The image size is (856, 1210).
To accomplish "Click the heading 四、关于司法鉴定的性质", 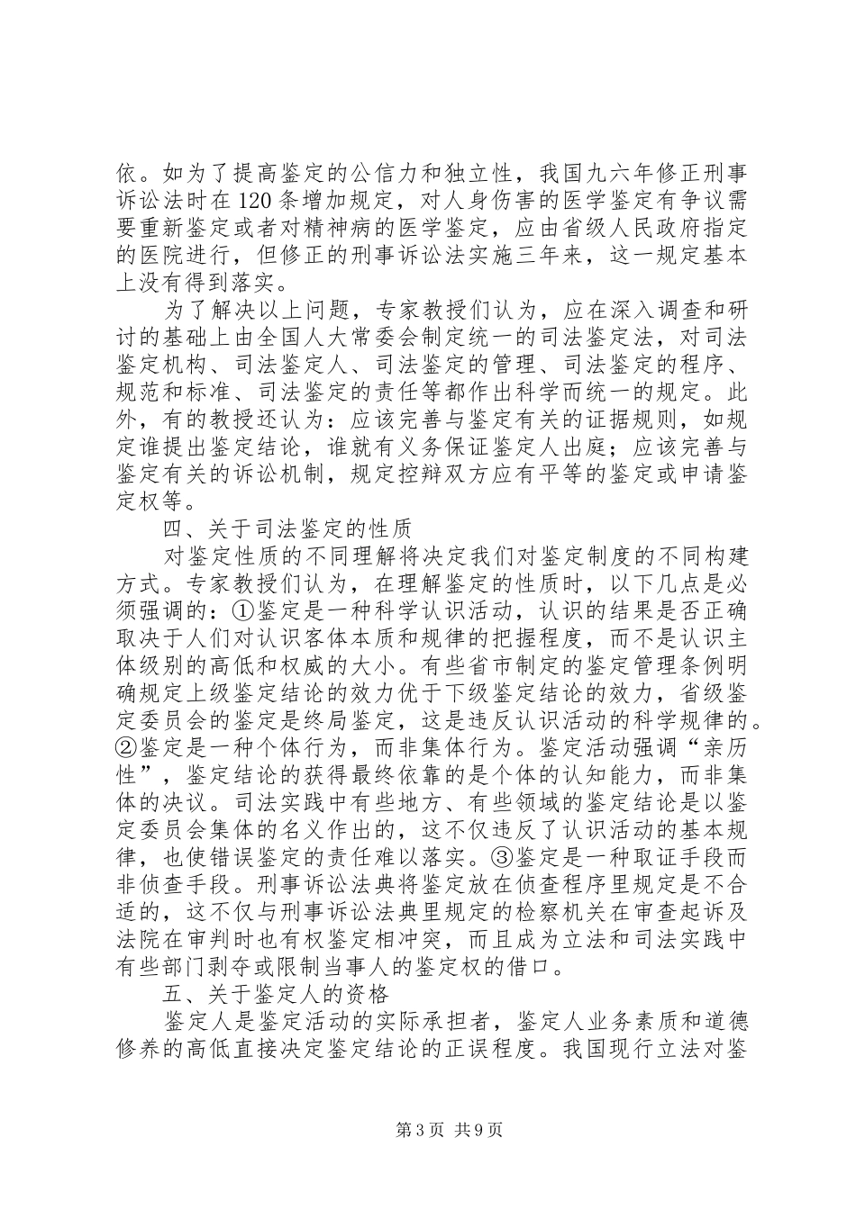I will [287, 528].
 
